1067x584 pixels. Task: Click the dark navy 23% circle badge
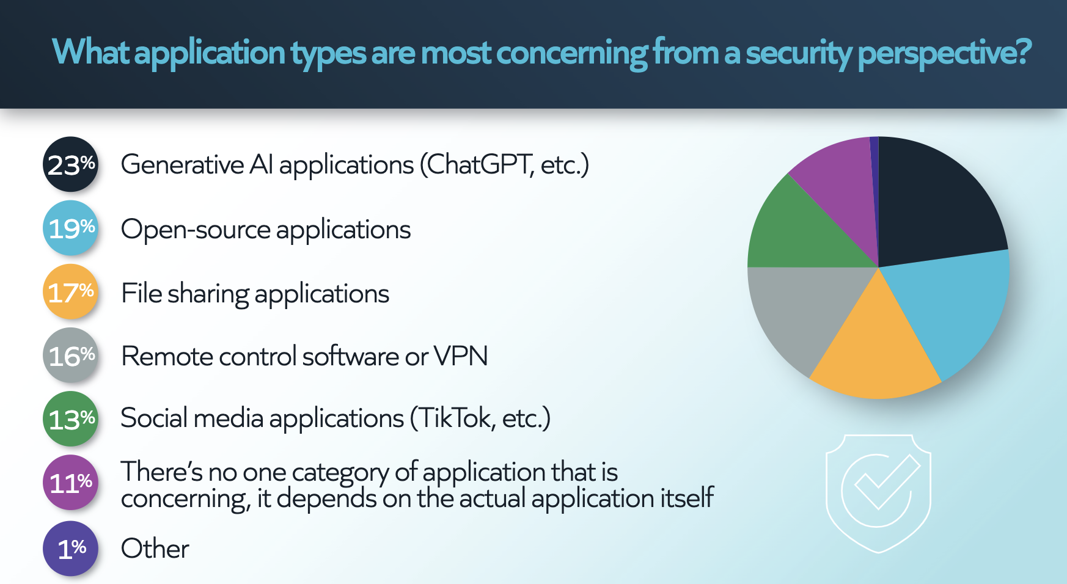[x=70, y=164]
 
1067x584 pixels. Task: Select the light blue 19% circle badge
[x=70, y=228]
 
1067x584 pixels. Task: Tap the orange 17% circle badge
[x=70, y=291]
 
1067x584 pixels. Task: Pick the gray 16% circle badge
[x=70, y=355]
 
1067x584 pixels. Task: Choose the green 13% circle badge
[x=70, y=418]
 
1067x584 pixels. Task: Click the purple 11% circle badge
[x=70, y=483]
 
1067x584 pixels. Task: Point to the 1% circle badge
[x=70, y=549]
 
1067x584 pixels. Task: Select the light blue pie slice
[x=953, y=305]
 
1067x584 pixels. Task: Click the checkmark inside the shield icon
[x=887, y=483]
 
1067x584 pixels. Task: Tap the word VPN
[x=461, y=356]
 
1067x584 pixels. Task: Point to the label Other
[x=155, y=549]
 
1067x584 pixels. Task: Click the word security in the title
[x=798, y=53]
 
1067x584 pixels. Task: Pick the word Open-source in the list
[x=196, y=230]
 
